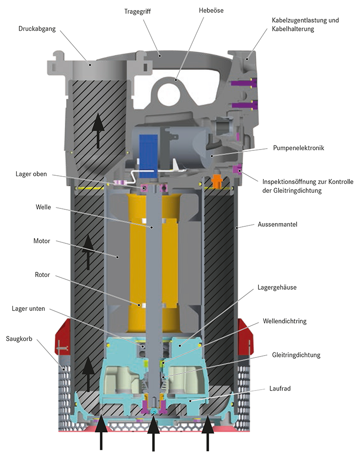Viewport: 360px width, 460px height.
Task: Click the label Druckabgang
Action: pos(37,29)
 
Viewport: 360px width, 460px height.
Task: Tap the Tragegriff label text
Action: pos(137,12)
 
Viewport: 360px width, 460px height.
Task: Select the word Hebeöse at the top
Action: pos(211,11)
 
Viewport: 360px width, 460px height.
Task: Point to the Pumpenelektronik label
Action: pos(298,148)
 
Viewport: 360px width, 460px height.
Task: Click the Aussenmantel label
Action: pos(277,224)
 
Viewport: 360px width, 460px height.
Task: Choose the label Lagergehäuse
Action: pos(277,287)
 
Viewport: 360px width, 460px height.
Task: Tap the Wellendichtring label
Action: pos(284,321)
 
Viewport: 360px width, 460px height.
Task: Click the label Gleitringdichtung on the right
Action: pos(296,355)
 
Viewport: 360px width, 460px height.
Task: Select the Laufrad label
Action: pos(280,389)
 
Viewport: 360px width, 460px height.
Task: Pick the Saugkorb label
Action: pos(19,339)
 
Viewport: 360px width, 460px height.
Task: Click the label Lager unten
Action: pos(29,309)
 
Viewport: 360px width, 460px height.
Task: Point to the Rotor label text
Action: pos(42,275)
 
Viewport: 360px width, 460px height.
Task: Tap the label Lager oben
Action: pos(31,174)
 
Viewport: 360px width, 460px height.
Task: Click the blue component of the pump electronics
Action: pos(149,156)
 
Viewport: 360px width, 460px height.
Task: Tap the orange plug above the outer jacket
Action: pos(216,181)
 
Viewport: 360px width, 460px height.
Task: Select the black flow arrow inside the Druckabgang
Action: pos(98,130)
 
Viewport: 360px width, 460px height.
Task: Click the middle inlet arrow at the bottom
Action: pos(153,434)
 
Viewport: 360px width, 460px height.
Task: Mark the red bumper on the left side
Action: pos(63,337)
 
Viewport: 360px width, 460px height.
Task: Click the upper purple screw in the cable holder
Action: pos(244,83)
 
